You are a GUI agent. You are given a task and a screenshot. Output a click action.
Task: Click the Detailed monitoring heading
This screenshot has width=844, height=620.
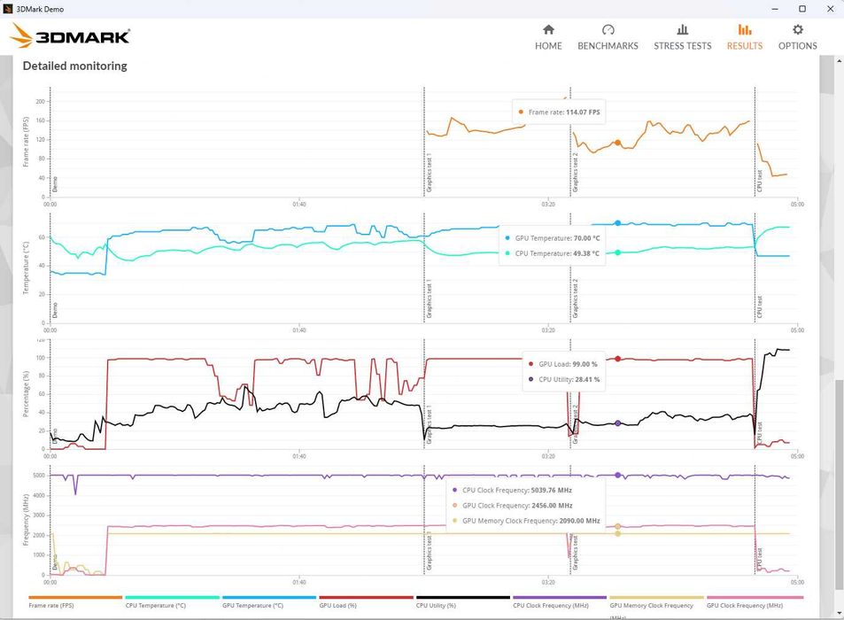pos(74,66)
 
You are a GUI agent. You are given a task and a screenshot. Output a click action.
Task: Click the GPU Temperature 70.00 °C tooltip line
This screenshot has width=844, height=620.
pos(557,238)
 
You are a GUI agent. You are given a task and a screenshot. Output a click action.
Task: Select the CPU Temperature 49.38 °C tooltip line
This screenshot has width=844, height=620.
pos(557,253)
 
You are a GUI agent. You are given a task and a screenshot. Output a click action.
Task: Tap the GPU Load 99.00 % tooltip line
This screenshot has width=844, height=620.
pos(568,364)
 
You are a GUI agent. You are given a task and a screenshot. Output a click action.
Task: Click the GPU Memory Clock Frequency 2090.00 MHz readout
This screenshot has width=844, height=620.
pos(530,521)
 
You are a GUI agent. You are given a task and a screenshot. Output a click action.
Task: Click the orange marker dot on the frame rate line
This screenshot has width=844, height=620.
pos(617,143)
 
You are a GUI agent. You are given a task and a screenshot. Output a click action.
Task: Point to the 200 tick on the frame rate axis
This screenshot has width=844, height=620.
pos(40,101)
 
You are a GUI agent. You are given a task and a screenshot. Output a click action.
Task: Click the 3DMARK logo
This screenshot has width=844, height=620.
pos(71,36)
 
